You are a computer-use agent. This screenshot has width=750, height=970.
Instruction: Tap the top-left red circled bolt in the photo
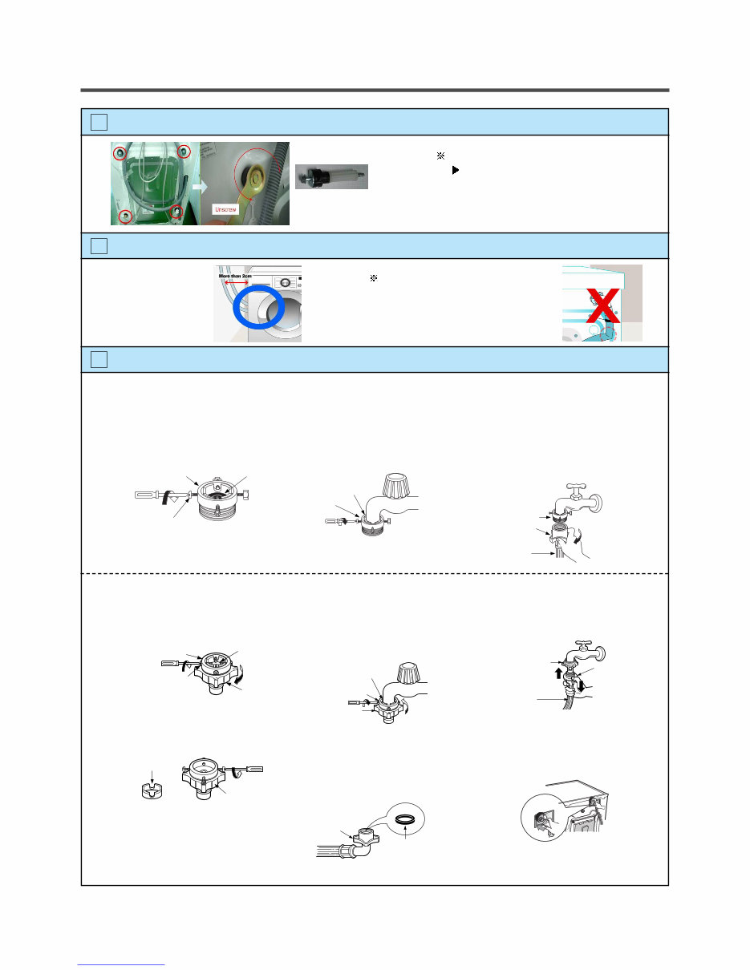(120, 152)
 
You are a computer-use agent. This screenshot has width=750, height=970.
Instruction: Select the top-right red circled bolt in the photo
(184, 152)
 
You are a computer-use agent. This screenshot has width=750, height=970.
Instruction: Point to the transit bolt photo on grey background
(331, 176)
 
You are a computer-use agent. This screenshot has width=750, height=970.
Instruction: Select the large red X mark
(602, 307)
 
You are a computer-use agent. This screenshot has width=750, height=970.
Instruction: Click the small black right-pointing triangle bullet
(456, 171)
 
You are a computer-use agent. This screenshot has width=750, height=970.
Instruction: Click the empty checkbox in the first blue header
(99, 122)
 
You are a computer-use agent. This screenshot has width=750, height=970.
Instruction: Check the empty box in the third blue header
(99, 360)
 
